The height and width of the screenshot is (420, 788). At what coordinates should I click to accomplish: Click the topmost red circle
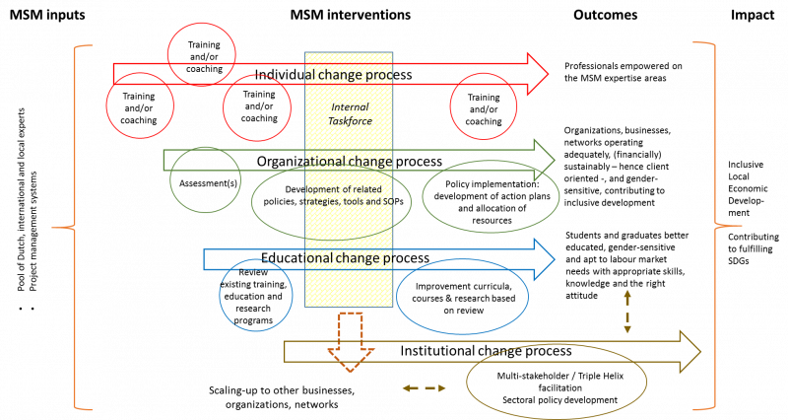click(x=201, y=54)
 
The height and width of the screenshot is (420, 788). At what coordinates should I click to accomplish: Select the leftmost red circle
click(x=140, y=105)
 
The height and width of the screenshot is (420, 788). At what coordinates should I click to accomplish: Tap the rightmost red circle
click(x=484, y=105)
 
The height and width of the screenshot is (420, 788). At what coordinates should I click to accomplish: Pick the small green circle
click(x=205, y=179)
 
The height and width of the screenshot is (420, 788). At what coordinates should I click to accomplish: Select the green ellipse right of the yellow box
click(x=491, y=195)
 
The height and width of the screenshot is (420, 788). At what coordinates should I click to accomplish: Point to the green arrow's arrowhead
click(x=545, y=160)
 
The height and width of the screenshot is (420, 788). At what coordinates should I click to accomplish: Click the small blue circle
click(x=256, y=295)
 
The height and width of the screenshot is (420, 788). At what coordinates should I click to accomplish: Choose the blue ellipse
click(x=463, y=297)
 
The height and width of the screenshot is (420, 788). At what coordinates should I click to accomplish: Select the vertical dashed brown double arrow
click(x=627, y=311)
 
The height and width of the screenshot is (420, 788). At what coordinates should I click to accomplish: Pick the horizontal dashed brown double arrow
click(x=424, y=388)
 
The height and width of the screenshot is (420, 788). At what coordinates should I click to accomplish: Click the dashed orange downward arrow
click(x=351, y=341)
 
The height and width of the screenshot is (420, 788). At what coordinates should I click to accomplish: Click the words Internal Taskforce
click(x=350, y=113)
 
